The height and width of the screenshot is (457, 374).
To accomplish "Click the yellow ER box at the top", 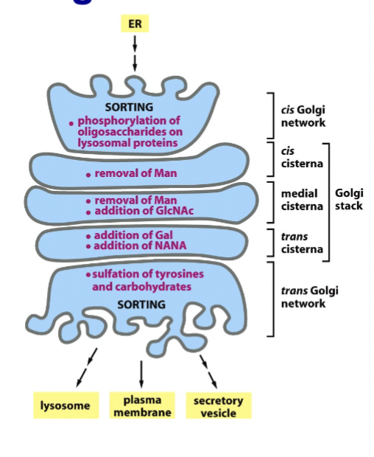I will coord(135,23).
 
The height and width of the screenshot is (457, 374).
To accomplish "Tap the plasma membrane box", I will coord(141,405).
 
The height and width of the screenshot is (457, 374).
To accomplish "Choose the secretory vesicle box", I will coord(218,406).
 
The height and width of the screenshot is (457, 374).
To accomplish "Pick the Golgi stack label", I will coord(348,200).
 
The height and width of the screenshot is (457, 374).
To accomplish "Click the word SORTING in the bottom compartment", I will coord(143,304).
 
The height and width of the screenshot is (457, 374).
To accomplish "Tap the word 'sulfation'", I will coord(119,274).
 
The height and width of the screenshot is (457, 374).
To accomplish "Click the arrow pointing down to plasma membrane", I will coord(141,371).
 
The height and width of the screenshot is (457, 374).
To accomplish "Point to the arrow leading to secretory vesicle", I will coord(208,369).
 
